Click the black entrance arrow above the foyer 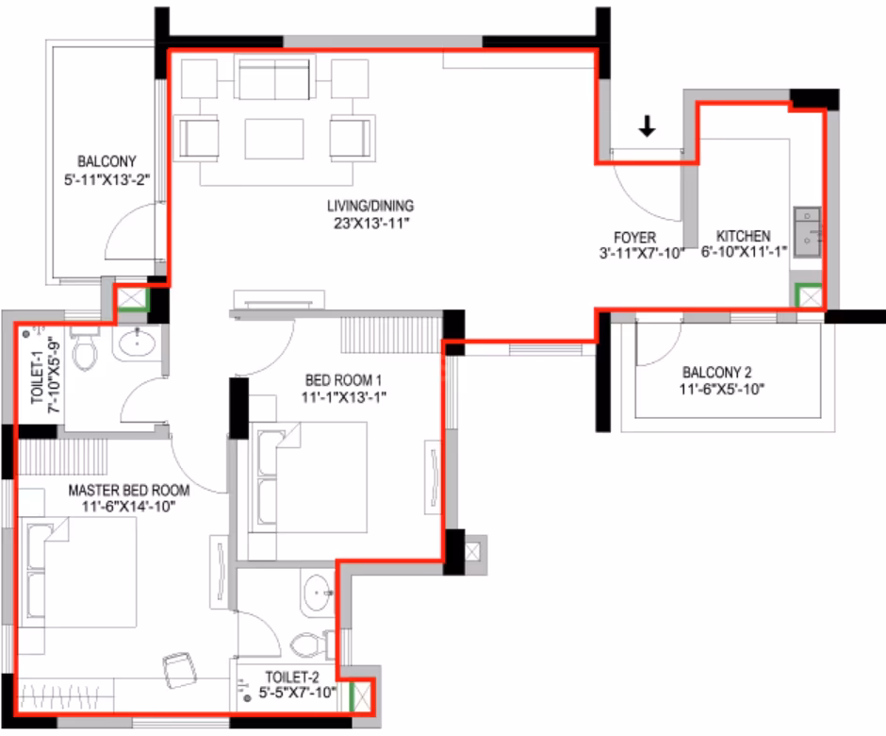point(647,126)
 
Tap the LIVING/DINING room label point(370,206)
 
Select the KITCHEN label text point(743,236)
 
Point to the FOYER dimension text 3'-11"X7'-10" point(642,254)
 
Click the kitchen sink point(807,232)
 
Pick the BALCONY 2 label point(717,372)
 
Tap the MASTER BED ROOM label point(129,490)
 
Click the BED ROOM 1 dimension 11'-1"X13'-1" point(343,397)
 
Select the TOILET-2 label point(292,677)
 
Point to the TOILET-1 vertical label point(38,377)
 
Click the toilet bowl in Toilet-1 point(85,348)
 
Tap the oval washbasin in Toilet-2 point(318,594)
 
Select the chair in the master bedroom point(180,670)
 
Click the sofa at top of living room point(274,78)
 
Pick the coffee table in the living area point(274,139)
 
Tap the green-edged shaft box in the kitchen point(809,296)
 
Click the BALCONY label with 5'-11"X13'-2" point(107,171)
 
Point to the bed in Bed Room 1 point(308,477)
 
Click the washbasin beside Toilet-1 point(136,342)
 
